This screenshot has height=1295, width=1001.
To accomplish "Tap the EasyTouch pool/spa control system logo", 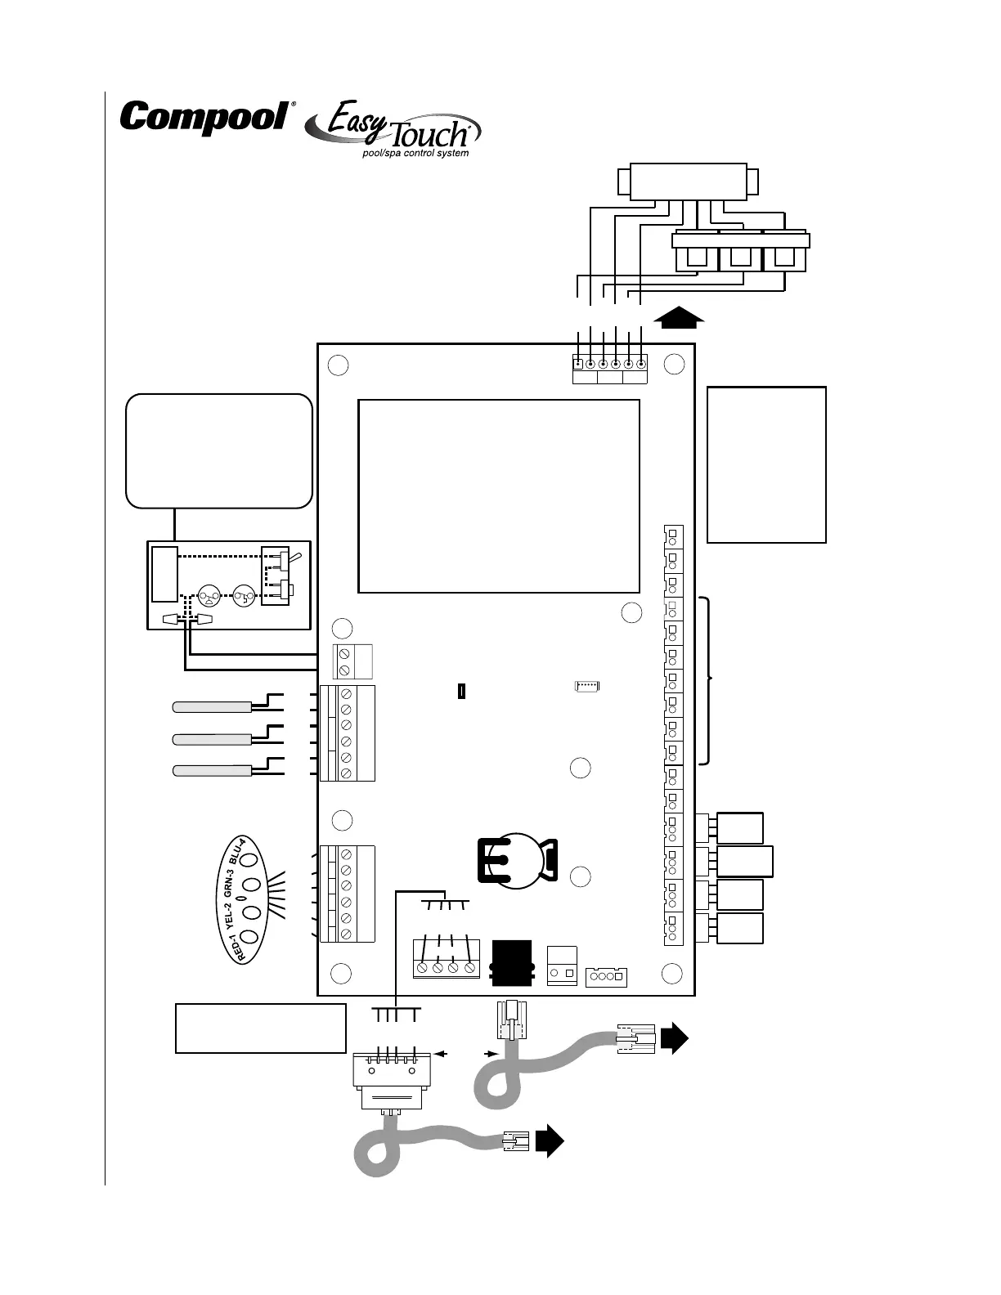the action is pos(393,129).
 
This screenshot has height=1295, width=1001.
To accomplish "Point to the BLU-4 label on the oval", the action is pos(237,852).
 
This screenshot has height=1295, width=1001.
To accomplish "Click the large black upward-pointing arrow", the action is pos(679,317).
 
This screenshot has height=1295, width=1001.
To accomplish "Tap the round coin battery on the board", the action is pos(517,861).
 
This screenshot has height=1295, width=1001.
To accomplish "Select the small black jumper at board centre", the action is pos(461,691).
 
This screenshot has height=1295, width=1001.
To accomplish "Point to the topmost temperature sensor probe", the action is pos(212,707).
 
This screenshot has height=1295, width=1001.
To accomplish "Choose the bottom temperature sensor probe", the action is pos(212,771).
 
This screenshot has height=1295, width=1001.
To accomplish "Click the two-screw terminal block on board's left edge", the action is pos(352,661).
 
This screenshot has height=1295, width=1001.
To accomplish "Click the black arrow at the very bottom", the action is pos(550,1141).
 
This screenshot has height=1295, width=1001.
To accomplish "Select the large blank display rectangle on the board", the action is pos(499,496).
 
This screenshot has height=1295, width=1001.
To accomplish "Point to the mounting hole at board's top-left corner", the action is pos(338,365).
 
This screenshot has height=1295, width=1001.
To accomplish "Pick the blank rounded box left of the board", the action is pos(219,451).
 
